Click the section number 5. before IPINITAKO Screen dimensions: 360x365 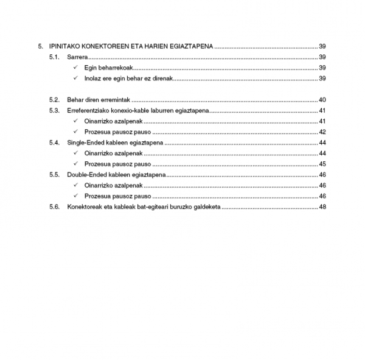tap(41, 46)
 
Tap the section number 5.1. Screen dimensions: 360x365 tap(54, 57)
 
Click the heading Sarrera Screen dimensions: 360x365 tap(77, 57)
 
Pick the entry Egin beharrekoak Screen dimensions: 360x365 tap(108, 68)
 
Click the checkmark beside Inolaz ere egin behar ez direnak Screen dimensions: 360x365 tap(75, 79)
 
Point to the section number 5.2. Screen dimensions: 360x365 tap(54, 100)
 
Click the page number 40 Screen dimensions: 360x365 tap(322, 100)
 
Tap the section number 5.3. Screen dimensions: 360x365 tap(54, 110)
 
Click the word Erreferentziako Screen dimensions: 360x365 tap(89, 110)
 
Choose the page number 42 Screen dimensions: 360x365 tap(322, 132)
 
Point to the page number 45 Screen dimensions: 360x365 tap(322, 164)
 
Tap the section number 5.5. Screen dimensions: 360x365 tap(54, 175)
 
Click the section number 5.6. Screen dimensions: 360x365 tap(54, 207)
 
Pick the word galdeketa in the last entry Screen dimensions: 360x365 tap(206, 207)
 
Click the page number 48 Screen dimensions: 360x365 tap(322, 207)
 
